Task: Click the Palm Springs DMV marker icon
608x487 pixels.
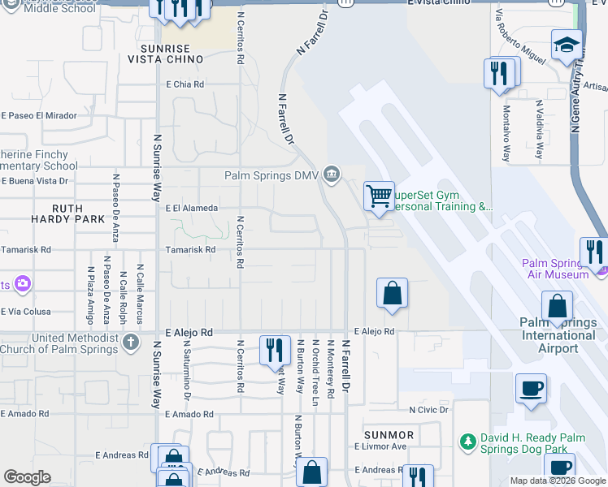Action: tap(331, 174)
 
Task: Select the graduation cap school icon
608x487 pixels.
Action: tap(567, 45)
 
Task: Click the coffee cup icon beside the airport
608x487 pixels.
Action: tap(532, 389)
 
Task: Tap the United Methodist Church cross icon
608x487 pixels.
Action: tap(131, 343)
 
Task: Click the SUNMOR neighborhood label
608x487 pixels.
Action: tap(389, 435)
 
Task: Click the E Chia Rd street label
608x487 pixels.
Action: tap(185, 84)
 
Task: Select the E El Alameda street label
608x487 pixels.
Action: tap(192, 209)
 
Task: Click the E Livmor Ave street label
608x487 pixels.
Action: tap(380, 446)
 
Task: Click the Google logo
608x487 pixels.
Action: tap(27, 477)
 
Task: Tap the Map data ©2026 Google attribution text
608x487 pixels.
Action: tap(557, 481)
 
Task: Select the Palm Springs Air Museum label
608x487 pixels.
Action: tap(556, 269)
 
